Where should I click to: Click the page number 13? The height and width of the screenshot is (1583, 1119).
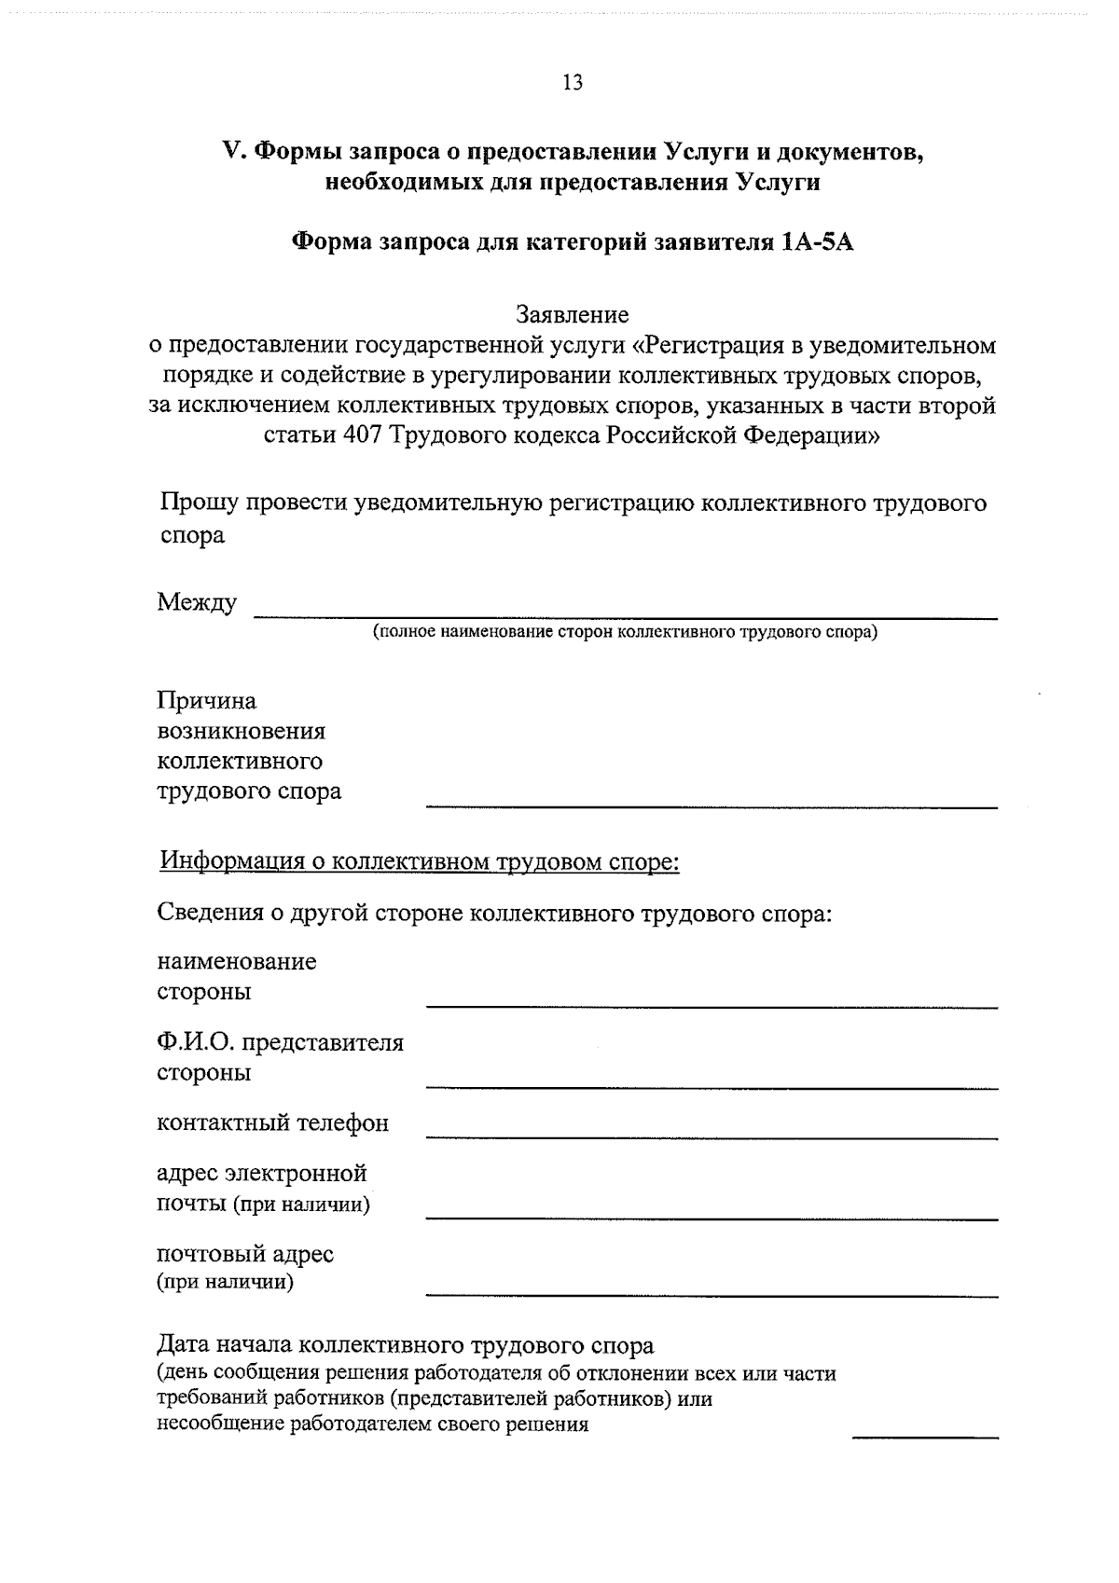(573, 83)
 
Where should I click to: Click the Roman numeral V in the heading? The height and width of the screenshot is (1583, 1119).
(230, 151)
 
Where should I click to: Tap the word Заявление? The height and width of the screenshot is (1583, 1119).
(573, 315)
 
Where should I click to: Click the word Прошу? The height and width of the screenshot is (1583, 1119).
(197, 503)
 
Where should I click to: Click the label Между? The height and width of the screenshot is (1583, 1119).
(197, 602)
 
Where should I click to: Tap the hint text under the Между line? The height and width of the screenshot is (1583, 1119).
(626, 633)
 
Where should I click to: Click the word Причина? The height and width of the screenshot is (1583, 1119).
(207, 700)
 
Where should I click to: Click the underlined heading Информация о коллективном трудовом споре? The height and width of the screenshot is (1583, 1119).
(420, 860)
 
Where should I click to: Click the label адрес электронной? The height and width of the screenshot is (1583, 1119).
(262, 1173)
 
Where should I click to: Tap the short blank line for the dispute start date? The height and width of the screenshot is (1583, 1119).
(925, 1437)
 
